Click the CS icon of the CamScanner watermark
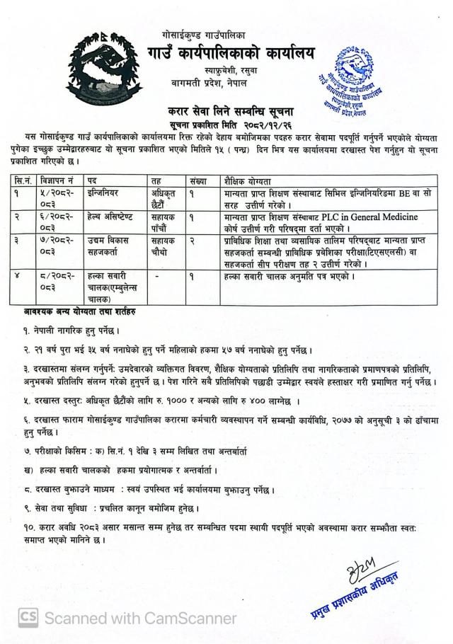click(x=28, y=617)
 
